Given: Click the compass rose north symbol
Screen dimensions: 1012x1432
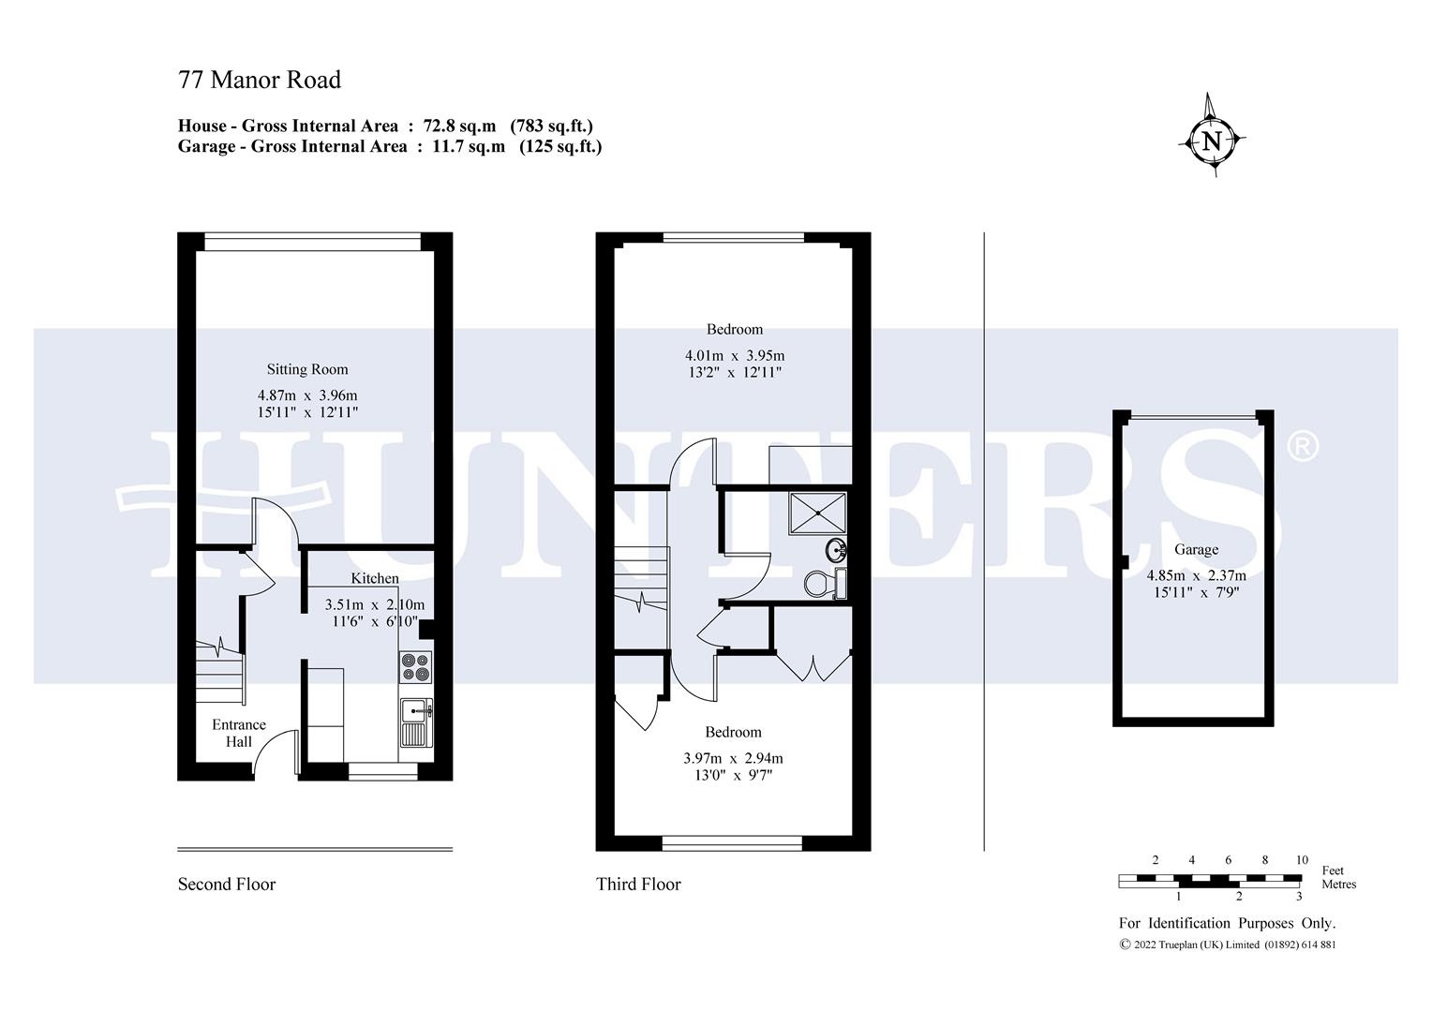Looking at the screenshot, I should click(1212, 141).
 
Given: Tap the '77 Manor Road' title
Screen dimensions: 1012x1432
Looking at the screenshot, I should click(260, 81).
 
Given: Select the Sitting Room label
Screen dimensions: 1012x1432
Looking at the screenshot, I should click(307, 369).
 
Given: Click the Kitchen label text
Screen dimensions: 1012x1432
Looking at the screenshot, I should click(375, 578).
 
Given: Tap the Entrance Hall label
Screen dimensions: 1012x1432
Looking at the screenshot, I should click(239, 733).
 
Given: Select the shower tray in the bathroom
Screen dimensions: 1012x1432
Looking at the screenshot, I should click(818, 513).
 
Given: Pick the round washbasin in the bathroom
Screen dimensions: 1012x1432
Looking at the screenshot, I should click(836, 548).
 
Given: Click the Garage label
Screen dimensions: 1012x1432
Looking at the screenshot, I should click(1196, 550).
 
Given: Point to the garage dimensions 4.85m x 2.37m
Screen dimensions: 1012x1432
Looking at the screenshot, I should click(1196, 575).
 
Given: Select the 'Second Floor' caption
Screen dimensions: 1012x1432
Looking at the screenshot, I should click(227, 885).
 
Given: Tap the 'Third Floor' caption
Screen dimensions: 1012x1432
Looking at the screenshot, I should click(638, 885).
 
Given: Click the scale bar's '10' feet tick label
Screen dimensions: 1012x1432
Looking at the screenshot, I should click(1302, 860).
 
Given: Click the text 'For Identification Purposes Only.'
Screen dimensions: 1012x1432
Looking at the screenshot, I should click(1227, 924).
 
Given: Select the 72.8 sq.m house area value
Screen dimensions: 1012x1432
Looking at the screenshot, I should click(459, 126).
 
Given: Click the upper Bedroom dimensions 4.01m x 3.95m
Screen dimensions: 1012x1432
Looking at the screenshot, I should click(735, 355).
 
